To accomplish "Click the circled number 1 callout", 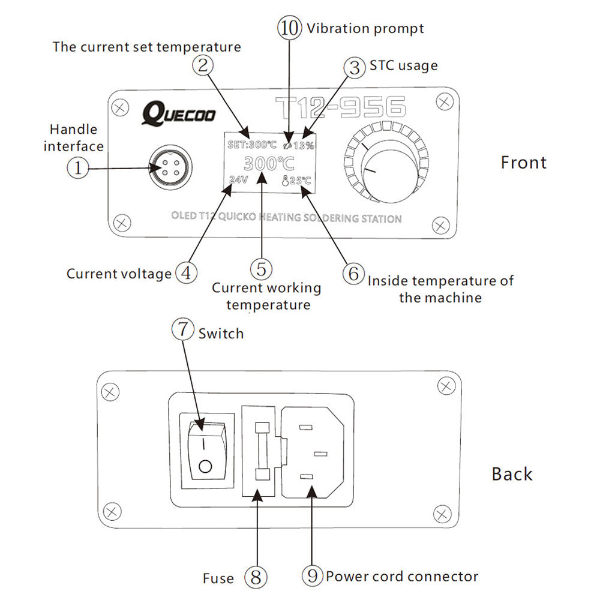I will tap(77, 168).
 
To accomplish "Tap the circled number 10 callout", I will tap(289, 28).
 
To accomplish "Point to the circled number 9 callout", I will tap(312, 577).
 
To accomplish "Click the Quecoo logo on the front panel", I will tap(178, 113).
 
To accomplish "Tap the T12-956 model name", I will tap(340, 108).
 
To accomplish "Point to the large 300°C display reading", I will tap(269, 163).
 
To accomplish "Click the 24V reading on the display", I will tap(238, 179).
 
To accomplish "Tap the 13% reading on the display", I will tap(303, 145).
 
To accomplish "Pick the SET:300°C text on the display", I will tap(252, 145).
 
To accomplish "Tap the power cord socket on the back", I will tap(311, 452).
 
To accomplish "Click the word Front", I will tap(523, 163).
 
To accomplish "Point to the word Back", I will tap(512, 474).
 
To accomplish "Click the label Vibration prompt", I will tap(365, 28).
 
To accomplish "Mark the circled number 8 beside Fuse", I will tap(256, 577).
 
